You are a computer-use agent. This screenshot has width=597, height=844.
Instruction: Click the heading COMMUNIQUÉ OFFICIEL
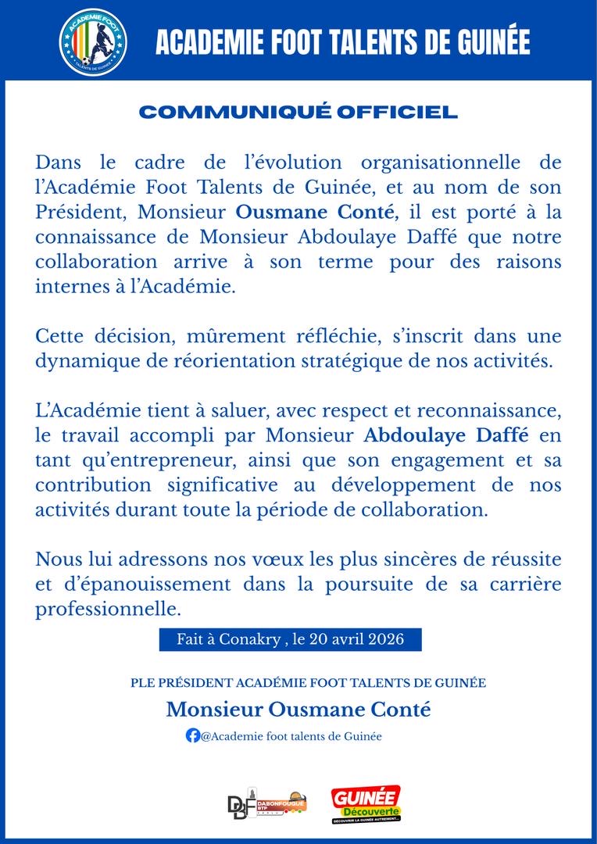tap(298, 113)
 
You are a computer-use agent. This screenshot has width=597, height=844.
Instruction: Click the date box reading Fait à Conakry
tap(291, 639)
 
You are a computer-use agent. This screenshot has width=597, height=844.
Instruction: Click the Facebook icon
tap(192, 735)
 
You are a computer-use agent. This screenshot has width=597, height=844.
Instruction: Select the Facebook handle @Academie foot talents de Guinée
tap(291, 736)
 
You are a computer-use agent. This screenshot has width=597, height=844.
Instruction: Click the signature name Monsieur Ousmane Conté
tap(298, 709)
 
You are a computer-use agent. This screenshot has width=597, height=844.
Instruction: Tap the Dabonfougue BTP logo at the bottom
tap(266, 803)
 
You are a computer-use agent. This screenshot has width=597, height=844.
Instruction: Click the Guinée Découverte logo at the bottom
tap(366, 803)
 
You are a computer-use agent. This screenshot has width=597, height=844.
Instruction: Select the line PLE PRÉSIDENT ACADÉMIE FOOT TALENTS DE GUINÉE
tap(309, 683)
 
